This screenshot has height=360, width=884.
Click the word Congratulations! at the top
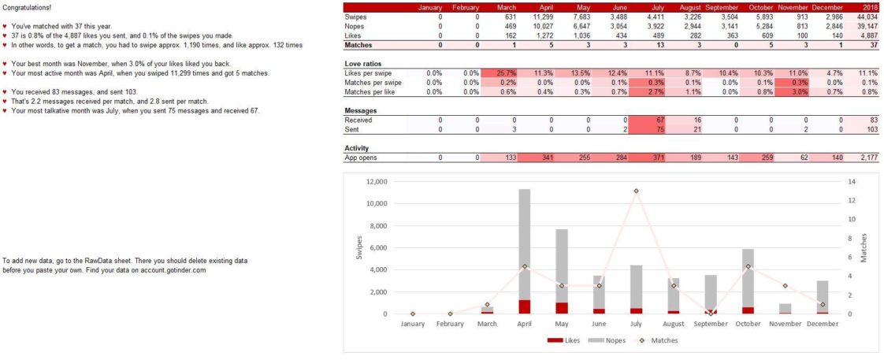[27, 7]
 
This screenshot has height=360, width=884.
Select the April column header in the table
[541, 7]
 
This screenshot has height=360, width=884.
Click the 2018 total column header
[871, 7]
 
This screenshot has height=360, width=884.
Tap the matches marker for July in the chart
[636, 191]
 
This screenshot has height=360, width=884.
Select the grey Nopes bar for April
[524, 244]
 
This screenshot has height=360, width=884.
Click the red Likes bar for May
[561, 308]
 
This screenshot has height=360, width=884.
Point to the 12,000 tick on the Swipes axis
[377, 181]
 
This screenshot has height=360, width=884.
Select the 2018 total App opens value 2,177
[869, 158]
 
